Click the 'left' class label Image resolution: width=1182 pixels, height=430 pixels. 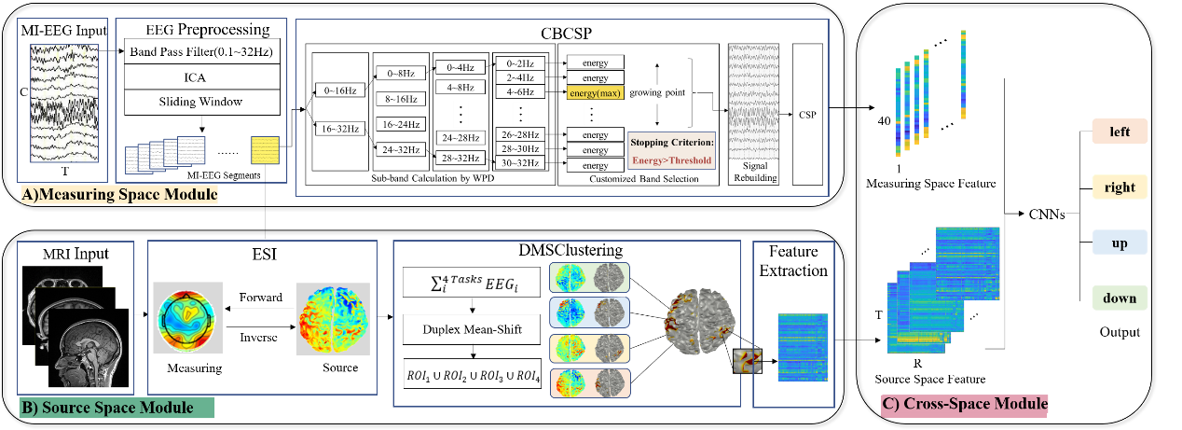pyautogui.click(x=1120, y=132)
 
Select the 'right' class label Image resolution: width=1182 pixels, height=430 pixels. pyautogui.click(x=1120, y=187)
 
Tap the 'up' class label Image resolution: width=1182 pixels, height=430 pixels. pyautogui.click(x=1120, y=243)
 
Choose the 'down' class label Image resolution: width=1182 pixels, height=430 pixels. pyautogui.click(x=1120, y=298)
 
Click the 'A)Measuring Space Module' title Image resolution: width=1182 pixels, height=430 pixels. pyautogui.click(x=119, y=195)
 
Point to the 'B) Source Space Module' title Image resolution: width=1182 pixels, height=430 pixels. pyautogui.click(x=117, y=408)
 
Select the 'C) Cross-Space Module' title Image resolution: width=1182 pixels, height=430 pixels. pyautogui.click(x=965, y=405)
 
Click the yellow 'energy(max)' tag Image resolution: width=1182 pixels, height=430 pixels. pyautogui.click(x=594, y=92)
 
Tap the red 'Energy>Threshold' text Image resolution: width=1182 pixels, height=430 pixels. pyautogui.click(x=671, y=160)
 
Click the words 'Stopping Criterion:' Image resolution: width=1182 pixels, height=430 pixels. pyautogui.click(x=671, y=143)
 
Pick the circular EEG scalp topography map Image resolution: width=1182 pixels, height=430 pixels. pyautogui.click(x=187, y=318)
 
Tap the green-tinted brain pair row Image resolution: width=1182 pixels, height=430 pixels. pyautogui.click(x=589, y=277)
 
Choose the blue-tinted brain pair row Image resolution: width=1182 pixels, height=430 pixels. pyautogui.click(x=589, y=312)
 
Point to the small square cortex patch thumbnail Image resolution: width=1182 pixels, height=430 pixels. pyautogui.click(x=748, y=361)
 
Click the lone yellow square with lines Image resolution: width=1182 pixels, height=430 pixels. pyautogui.click(x=265, y=150)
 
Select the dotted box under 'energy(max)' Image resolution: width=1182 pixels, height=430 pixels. pyautogui.click(x=591, y=114)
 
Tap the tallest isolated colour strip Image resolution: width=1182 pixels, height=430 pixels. pyautogui.click(x=964, y=75)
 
